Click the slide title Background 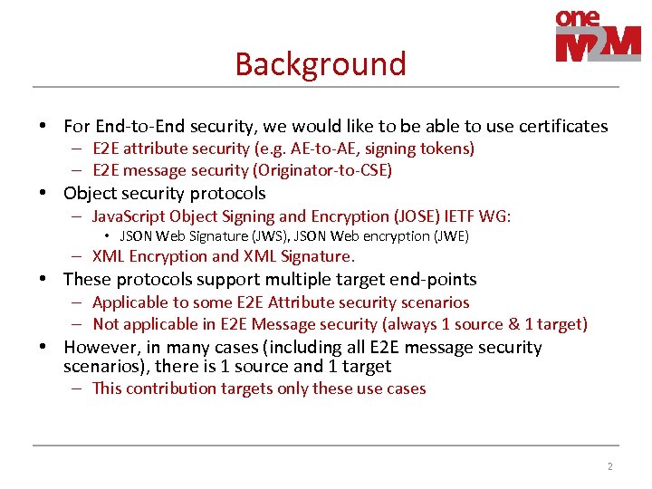[321, 64]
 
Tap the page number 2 [609, 466]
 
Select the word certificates [562, 126]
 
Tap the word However [101, 347]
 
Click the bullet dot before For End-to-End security [42, 126]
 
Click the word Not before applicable [106, 324]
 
